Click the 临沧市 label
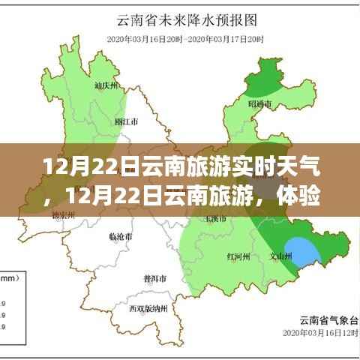(121, 237)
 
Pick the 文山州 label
(280, 256)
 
